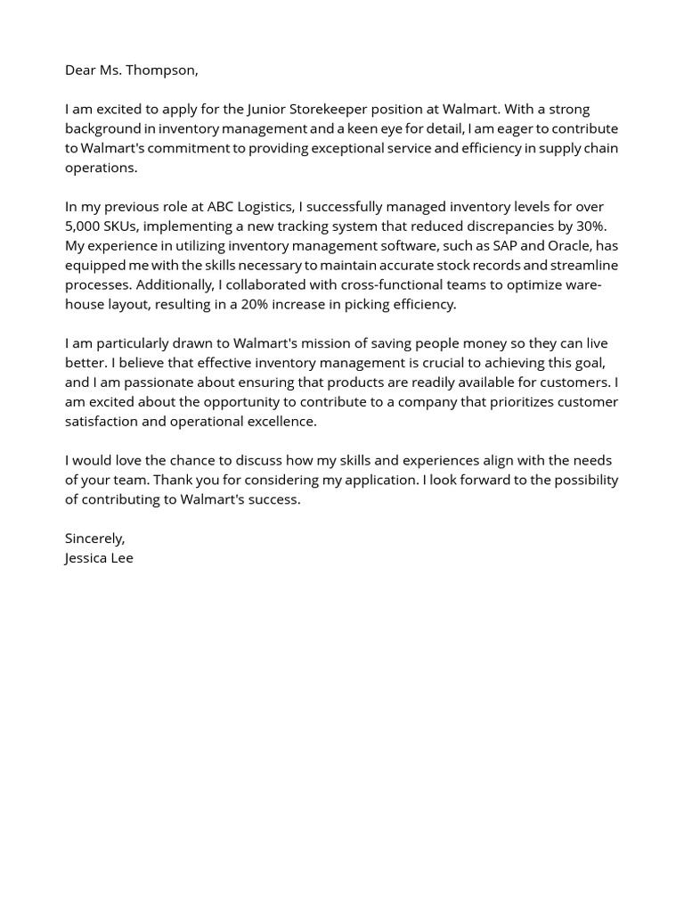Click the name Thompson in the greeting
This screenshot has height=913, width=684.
[163, 70]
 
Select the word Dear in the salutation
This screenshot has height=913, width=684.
[81, 70]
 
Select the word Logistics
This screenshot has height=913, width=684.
[265, 207]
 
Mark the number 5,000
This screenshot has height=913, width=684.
[83, 226]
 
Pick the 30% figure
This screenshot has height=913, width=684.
[590, 226]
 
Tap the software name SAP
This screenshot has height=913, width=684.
[508, 246]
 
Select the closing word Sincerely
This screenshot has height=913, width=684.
[94, 539]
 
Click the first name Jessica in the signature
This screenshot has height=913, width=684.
[85, 558]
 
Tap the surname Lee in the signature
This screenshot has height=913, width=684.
[122, 558]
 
